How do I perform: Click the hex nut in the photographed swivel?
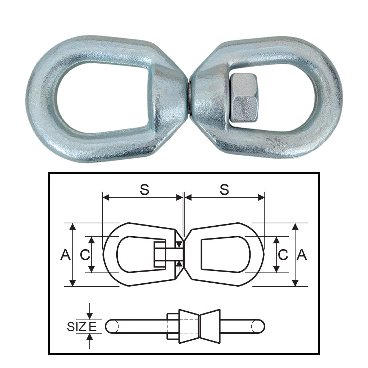[x=244, y=98]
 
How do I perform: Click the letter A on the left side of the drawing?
[x=66, y=255]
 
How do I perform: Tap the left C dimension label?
[x=85, y=255]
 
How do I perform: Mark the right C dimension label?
[x=283, y=255]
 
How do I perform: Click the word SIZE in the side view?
[x=82, y=326]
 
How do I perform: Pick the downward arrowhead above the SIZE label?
[x=89, y=316]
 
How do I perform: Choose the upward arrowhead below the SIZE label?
[x=89, y=337]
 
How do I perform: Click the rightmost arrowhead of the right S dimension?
[x=262, y=198]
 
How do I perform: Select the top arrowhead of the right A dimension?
[x=295, y=226]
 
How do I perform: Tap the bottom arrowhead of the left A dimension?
[x=73, y=283]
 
